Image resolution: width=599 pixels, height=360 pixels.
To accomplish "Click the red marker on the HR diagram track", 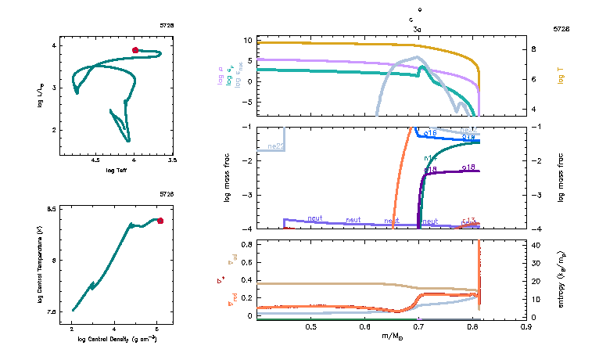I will (135, 50).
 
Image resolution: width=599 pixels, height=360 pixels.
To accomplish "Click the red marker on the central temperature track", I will (160, 221).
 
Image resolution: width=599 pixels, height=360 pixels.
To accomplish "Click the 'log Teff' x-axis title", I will (117, 170).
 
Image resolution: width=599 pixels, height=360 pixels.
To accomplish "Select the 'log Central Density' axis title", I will (117, 340).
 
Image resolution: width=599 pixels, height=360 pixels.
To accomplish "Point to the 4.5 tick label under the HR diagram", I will (95, 160).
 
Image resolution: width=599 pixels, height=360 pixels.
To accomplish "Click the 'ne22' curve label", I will (275, 146).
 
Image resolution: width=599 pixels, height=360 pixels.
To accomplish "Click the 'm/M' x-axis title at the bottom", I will (392, 337).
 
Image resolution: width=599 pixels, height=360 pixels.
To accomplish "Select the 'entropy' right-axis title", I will (561, 279).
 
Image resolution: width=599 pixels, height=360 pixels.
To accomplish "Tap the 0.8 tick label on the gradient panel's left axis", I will (245, 244).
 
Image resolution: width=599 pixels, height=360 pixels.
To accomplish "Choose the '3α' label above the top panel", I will (418, 28).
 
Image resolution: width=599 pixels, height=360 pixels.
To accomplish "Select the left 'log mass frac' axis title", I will (228, 178).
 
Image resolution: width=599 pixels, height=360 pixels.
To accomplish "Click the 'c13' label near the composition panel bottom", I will (468, 221).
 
